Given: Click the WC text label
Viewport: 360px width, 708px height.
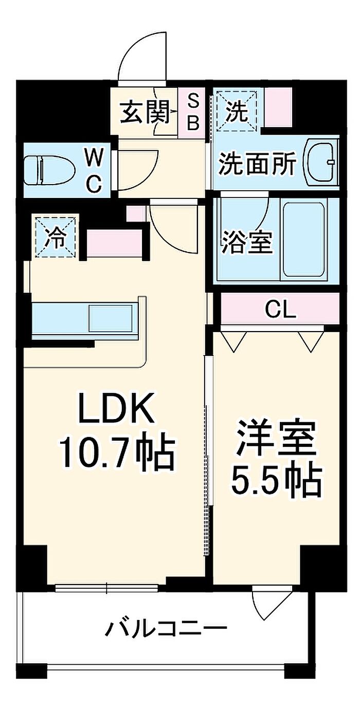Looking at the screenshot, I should [x=93, y=170].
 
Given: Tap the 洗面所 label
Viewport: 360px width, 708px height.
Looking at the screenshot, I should [x=257, y=165].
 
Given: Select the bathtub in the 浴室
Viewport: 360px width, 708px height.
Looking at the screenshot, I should [x=304, y=239].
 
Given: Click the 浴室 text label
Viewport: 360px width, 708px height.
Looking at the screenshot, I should [x=247, y=242].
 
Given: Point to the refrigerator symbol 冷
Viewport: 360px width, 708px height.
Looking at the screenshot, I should [x=56, y=237].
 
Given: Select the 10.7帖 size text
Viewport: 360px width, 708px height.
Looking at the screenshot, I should [x=117, y=452].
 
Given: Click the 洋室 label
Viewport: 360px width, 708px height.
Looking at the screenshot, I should [x=276, y=438].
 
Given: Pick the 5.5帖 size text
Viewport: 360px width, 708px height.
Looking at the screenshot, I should [x=276, y=480].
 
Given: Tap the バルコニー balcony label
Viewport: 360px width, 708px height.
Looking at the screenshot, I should [x=167, y=629].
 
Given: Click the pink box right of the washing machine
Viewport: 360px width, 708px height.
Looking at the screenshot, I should [x=278, y=107].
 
